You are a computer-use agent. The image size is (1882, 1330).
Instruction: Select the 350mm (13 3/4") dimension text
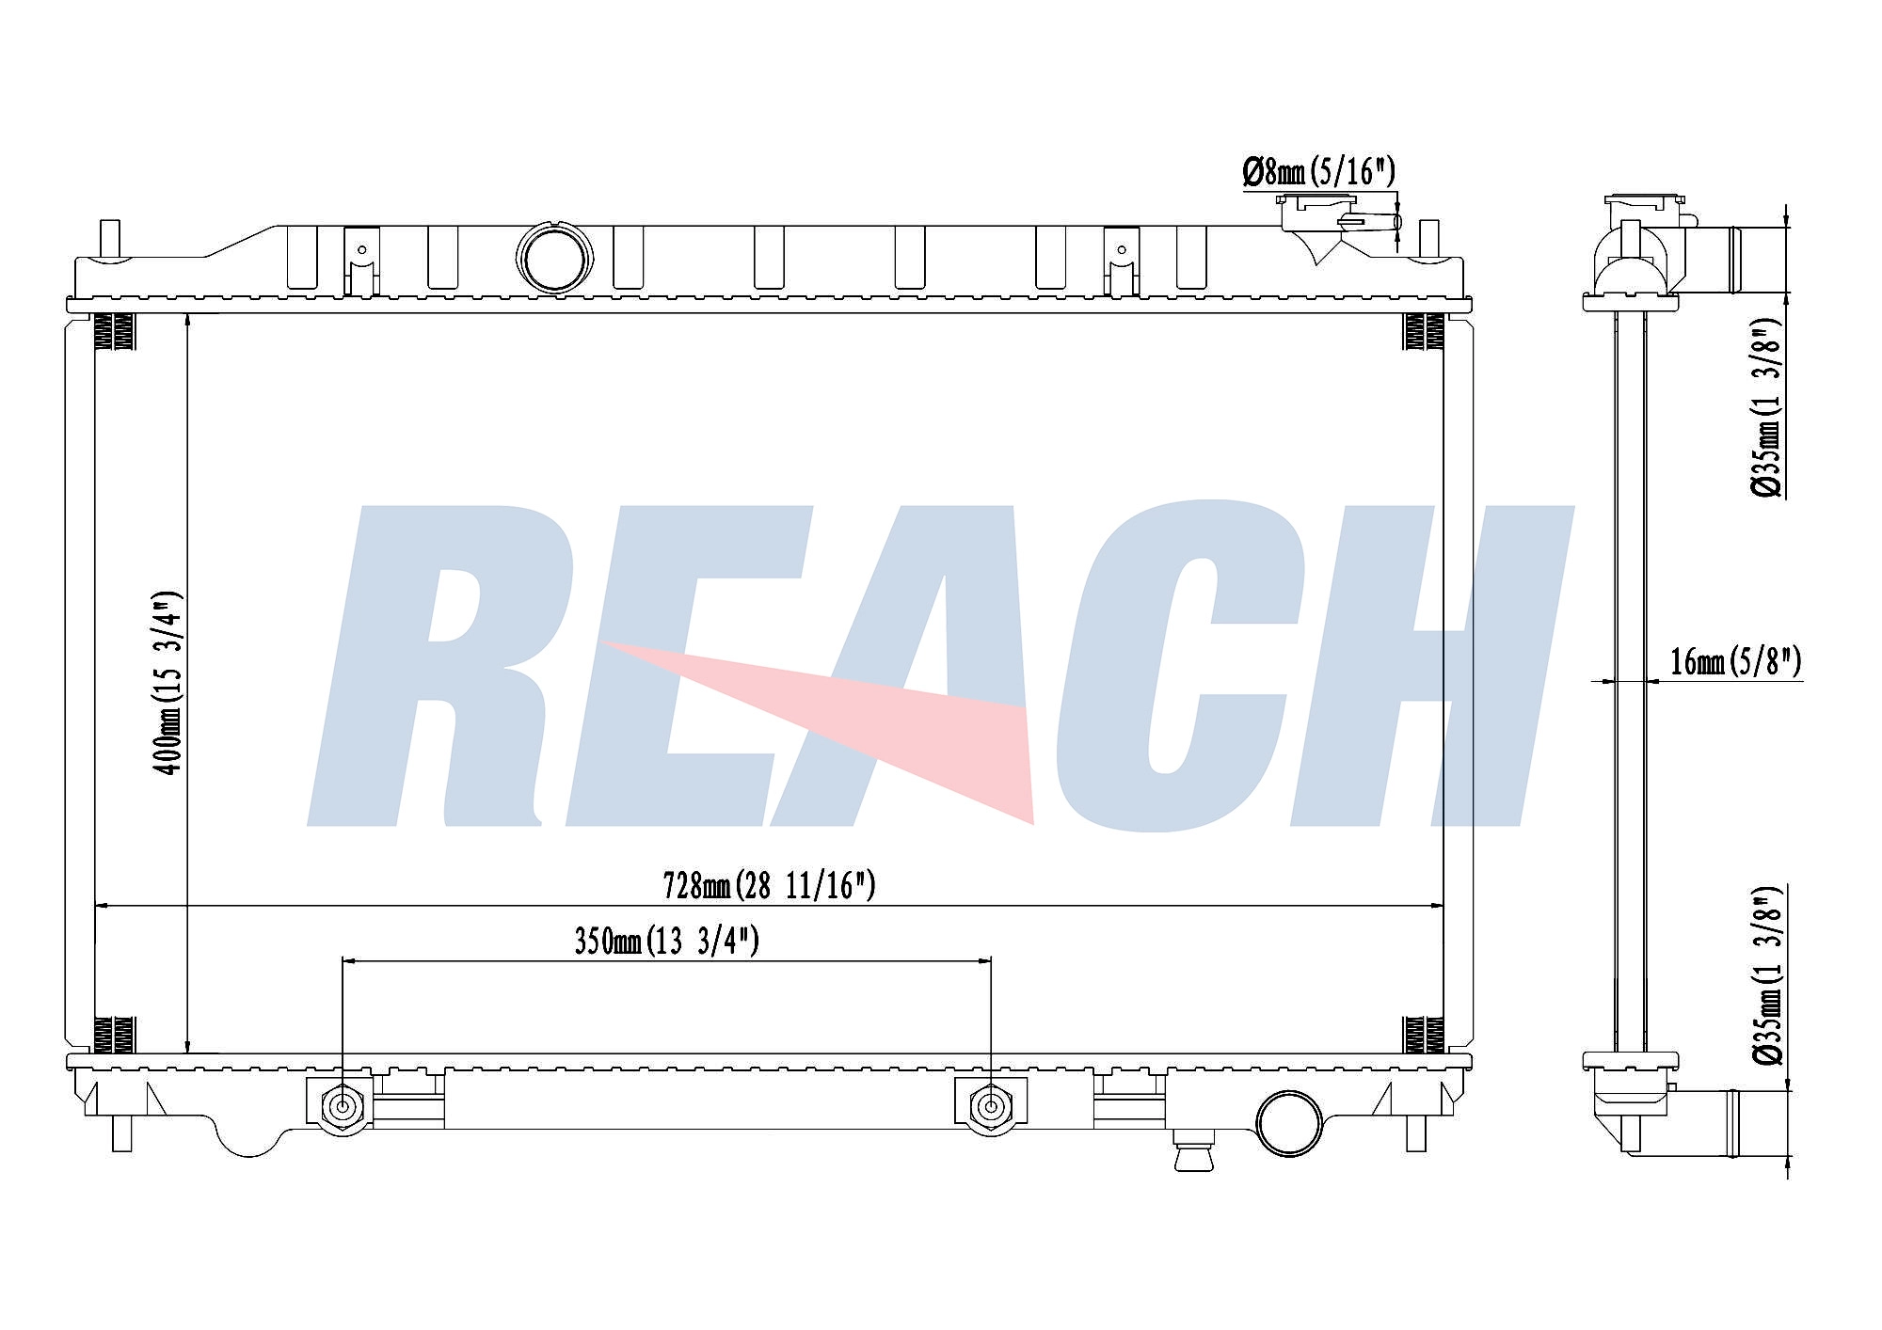[666, 941]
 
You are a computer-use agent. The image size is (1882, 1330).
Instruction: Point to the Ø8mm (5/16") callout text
[1318, 172]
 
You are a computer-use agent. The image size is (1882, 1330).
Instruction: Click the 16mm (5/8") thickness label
[1735, 661]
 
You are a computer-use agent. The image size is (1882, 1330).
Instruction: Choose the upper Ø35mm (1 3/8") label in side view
[1767, 406]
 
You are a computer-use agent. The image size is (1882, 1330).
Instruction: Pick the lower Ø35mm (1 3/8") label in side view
[1767, 975]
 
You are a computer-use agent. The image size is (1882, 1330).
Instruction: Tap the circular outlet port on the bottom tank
[1290, 1123]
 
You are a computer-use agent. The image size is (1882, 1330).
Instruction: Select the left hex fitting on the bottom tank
[342, 1108]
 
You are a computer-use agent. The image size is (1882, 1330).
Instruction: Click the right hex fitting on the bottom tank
[990, 1108]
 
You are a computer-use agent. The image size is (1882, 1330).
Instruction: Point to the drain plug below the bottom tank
[1193, 1153]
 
